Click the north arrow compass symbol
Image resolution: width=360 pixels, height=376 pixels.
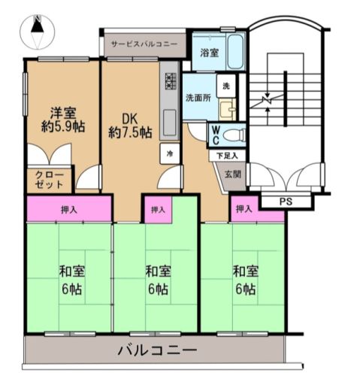tap(38, 32)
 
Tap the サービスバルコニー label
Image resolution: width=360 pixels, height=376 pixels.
tap(144, 44)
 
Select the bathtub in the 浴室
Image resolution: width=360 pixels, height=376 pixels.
tap(235, 52)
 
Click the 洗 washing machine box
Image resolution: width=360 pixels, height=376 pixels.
tap(226, 86)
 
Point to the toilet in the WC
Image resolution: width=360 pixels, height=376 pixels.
tap(234, 135)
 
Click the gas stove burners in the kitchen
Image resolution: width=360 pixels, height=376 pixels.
tap(171, 81)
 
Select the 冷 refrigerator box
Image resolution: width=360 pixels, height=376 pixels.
tap(170, 153)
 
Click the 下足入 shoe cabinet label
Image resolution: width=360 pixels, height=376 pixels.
tap(227, 156)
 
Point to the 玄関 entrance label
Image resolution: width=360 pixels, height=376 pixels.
tap(233, 174)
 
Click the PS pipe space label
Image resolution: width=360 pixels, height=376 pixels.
tap(286, 202)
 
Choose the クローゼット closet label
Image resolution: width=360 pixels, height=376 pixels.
tap(50, 180)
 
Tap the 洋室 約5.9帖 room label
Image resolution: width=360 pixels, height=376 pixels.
tap(63, 120)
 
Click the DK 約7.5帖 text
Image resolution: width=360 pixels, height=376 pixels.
tap(130, 126)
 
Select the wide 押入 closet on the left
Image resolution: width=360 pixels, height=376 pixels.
tap(69, 209)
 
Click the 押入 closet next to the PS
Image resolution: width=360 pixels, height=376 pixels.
tap(244, 208)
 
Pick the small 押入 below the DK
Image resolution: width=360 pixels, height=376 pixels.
tap(158, 210)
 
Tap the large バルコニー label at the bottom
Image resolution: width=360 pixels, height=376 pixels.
tap(158, 350)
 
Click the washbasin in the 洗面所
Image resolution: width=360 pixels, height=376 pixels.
tap(228, 110)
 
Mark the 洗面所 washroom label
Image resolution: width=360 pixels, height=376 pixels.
tap(198, 98)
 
